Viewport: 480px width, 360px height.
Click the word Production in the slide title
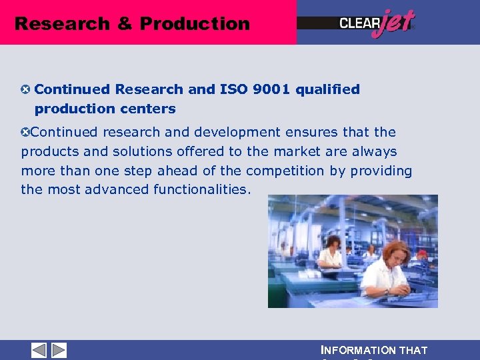195,24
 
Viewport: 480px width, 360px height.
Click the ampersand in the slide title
125,24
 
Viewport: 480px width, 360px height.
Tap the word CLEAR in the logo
359,23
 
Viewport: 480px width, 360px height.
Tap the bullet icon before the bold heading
26,89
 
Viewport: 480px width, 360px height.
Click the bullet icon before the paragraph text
26,132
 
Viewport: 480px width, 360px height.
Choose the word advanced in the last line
118,189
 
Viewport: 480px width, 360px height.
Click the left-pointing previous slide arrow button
39,350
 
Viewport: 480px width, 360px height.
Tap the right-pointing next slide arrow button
59,350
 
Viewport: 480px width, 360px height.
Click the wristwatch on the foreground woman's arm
386,291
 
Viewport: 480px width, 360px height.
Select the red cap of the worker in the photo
421,254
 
